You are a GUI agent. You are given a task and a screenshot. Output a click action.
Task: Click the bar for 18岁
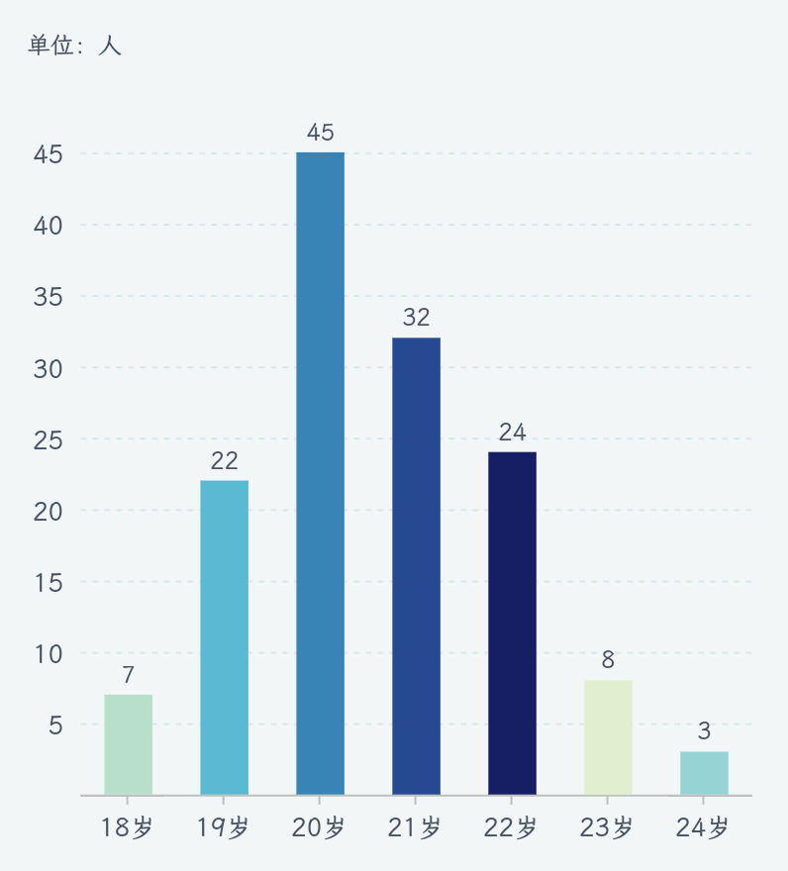(x=128, y=744)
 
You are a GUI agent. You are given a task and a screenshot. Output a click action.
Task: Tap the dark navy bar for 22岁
(x=512, y=624)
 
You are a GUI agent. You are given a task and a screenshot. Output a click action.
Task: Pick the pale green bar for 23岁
(x=608, y=737)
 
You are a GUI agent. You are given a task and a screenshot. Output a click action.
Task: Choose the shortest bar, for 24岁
(x=704, y=773)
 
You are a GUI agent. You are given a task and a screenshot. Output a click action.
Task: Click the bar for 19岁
(x=224, y=637)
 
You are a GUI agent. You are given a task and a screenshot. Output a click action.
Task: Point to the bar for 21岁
(x=416, y=566)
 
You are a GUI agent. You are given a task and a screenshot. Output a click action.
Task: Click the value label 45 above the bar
(x=320, y=133)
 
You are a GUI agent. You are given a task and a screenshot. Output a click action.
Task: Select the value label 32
(x=416, y=318)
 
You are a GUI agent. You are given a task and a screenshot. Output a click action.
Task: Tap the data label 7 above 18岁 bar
(x=128, y=675)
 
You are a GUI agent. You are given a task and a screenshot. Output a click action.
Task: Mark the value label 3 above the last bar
(x=704, y=731)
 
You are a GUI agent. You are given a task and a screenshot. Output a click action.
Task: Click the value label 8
(x=608, y=660)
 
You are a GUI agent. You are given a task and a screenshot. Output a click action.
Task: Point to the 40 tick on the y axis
(x=48, y=226)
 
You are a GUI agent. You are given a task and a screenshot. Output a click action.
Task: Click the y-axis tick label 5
(x=55, y=726)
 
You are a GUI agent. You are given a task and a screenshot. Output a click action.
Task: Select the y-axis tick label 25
(x=48, y=439)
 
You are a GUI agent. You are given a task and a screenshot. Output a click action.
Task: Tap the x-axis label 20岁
(x=320, y=827)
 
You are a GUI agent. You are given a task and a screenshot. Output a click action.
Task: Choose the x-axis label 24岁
(x=704, y=827)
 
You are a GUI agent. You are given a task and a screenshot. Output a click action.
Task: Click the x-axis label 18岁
(x=128, y=827)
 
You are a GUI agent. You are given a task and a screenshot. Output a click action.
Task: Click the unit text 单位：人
(x=74, y=46)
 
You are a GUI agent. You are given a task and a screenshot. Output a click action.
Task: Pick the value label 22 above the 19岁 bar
(x=224, y=460)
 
